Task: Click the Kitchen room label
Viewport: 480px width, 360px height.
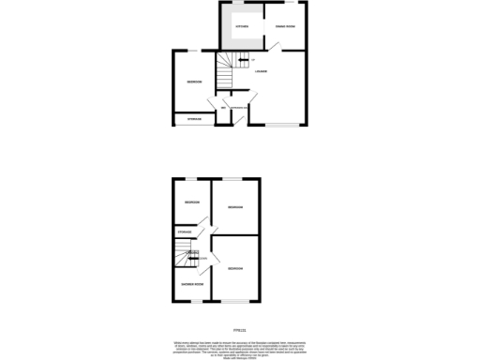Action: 242,26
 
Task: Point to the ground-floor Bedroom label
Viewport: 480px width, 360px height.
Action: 194,82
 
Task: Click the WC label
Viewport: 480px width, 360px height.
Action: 223,110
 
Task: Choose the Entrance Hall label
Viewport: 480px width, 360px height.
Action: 240,110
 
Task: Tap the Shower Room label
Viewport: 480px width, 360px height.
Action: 192,283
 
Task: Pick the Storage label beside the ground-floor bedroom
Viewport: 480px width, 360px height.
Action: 193,119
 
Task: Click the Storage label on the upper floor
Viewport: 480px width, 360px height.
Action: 185,232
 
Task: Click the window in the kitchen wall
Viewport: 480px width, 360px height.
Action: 242,3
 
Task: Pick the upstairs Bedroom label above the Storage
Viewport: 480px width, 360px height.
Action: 191,202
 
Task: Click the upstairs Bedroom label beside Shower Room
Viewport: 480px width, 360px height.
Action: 234,268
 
